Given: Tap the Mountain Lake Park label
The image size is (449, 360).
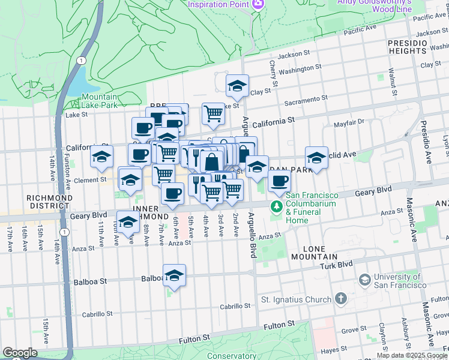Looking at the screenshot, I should (100, 101).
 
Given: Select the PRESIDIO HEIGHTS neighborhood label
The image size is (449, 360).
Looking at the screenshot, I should (406, 47).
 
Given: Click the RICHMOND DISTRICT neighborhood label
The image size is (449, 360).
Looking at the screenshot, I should (50, 202).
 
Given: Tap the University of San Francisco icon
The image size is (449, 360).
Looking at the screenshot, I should (364, 280).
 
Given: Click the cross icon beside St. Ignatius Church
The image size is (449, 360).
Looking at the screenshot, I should (340, 299).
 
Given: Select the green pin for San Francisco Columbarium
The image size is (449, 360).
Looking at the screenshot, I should (276, 208).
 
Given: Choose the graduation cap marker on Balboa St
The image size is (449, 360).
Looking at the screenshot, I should (174, 275).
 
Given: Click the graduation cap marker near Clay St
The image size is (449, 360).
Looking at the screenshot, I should (237, 86).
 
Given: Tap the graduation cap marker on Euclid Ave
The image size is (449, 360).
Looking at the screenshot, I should (316, 158).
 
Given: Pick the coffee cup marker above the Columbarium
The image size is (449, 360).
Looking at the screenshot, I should (279, 182).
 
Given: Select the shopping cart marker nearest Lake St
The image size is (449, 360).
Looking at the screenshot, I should (213, 113).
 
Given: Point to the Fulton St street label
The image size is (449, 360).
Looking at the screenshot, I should (277, 325).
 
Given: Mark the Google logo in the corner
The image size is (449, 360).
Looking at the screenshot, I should (20, 353).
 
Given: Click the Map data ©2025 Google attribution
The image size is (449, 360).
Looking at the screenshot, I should (412, 355).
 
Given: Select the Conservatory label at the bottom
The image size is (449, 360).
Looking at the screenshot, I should (232, 355).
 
